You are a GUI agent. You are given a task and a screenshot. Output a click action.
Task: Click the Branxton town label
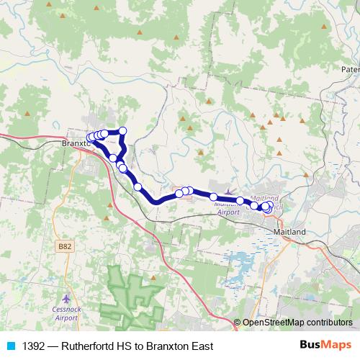coord(74,143)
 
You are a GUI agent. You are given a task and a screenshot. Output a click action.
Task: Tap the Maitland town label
coord(290,232)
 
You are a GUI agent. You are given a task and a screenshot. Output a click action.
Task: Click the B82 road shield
coord(64,246)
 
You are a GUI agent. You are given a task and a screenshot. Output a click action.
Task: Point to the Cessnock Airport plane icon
coord(67,297)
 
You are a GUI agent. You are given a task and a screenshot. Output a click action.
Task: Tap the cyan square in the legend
coord(10,346)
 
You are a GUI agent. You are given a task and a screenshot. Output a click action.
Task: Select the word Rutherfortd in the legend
coord(91,346)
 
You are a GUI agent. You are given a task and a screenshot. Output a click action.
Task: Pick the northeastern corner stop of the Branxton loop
coord(122,130)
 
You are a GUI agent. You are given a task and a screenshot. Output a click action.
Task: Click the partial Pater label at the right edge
coord(350,70)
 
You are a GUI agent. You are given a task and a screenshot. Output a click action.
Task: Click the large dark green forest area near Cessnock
coord(133,299)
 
